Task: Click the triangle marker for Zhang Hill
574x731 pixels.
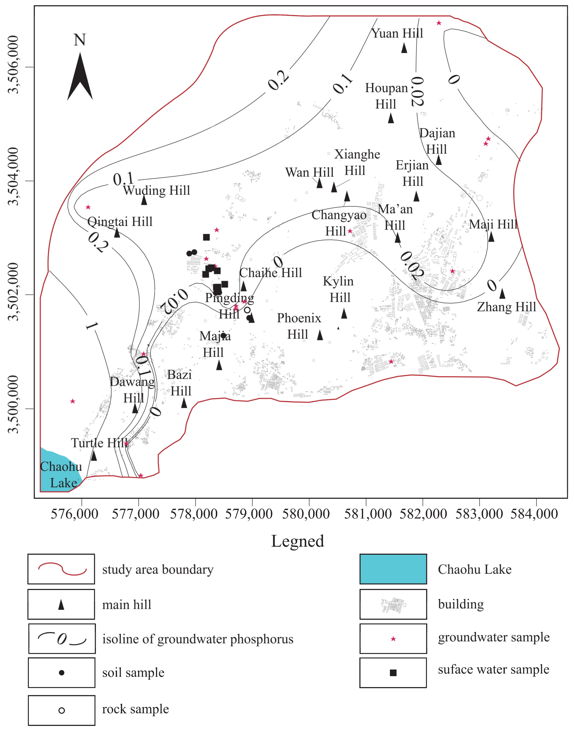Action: coord(502,294)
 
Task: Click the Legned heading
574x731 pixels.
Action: coord(297,541)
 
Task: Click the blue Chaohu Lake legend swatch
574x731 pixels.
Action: coord(393,569)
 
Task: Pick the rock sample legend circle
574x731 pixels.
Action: coord(62,710)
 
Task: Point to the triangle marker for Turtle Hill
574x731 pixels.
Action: coord(94,456)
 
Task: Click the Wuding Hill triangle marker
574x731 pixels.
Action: coord(144,200)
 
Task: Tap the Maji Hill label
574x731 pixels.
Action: coord(493,224)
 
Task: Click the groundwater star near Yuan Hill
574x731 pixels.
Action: coord(439,23)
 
